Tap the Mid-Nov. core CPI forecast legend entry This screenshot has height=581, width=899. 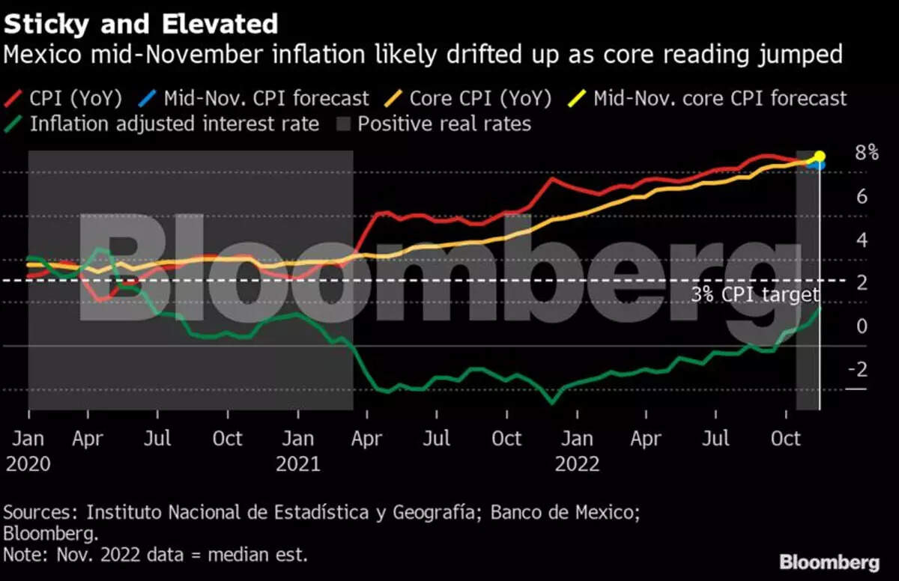coord(719,98)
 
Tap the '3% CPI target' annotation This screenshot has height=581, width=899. coord(755,295)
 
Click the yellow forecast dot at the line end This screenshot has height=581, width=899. coord(820,156)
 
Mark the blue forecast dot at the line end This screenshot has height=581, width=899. coord(820,165)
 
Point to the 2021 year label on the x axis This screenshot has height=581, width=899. coord(297,464)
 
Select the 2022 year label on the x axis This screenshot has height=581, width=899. coord(577,464)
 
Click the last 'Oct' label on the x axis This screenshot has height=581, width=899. coord(786,439)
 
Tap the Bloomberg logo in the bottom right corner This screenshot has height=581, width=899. coord(829,562)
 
